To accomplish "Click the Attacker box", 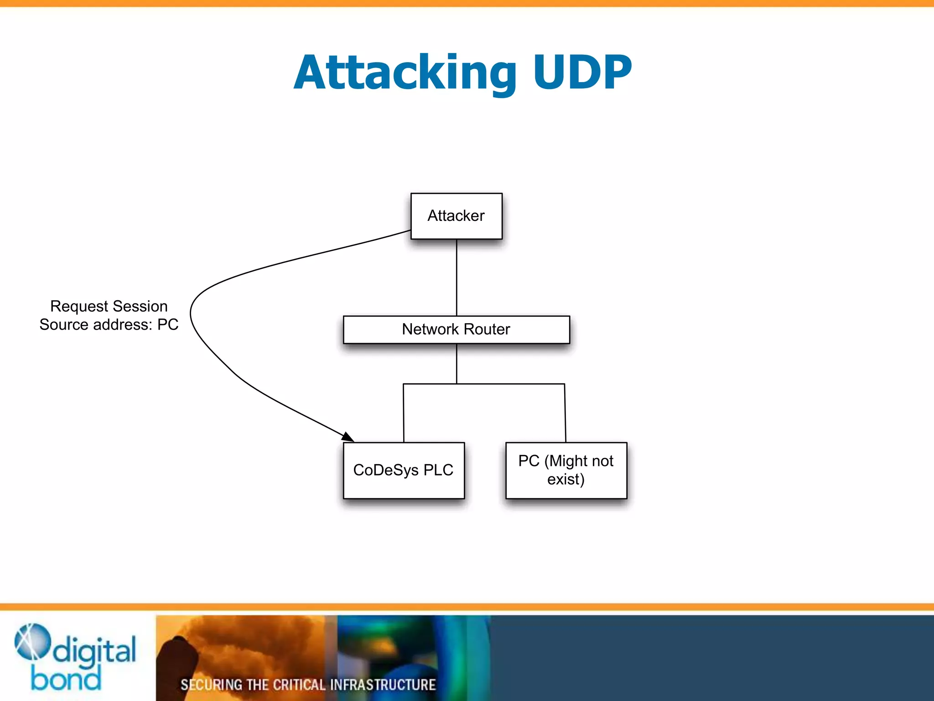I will pos(456,216).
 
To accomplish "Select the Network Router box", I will pos(456,330).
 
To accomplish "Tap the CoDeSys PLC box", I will pos(404,470).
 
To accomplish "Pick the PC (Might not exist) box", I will pos(566,470).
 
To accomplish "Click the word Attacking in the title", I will pos(405,73).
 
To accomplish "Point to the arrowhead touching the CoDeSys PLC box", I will pos(348,437).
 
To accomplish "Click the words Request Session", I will pos(109,306).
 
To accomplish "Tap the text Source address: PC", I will pos(109,324).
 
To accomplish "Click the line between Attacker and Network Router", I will pos(457,277).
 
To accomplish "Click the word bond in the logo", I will pos(66,679).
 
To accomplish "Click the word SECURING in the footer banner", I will pos(211,685).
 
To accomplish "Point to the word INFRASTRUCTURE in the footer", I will pos(383,685).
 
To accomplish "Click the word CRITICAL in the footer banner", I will pos(299,685).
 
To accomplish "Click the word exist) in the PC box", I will pos(566,480).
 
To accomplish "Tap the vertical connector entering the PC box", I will pos(565,413).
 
